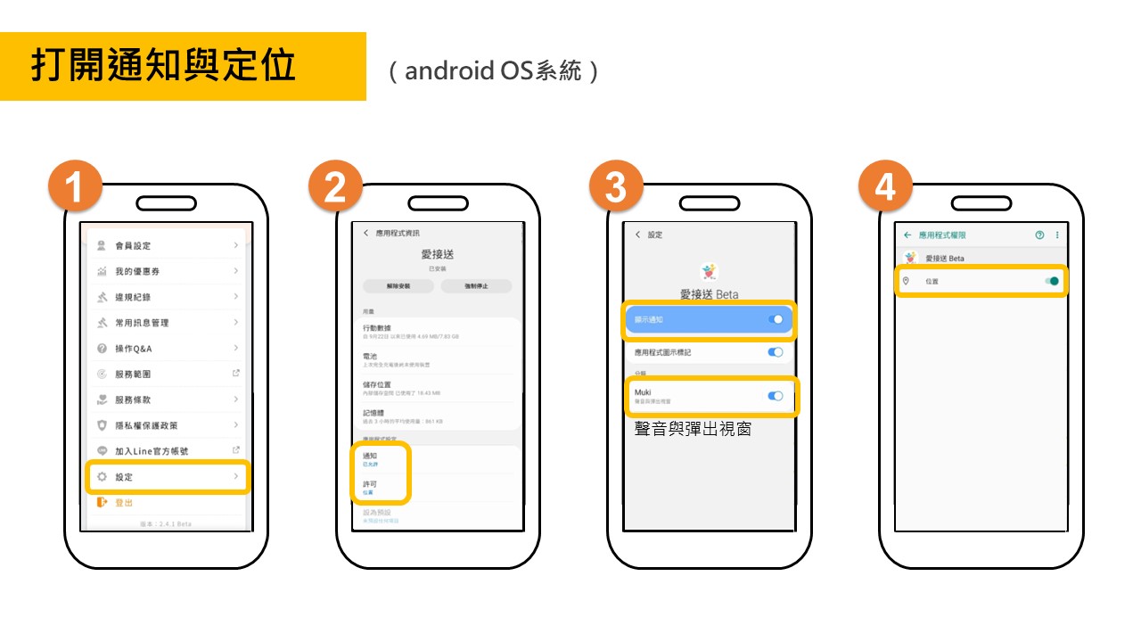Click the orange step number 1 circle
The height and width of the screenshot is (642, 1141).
[75, 187]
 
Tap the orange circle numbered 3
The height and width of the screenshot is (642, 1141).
[616, 187]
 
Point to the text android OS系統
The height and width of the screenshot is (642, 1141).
[494, 71]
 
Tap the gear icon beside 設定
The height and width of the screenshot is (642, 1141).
[102, 477]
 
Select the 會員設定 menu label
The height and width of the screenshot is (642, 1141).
[133, 245]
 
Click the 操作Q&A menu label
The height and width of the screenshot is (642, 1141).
[134, 349]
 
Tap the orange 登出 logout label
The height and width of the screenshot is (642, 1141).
[124, 503]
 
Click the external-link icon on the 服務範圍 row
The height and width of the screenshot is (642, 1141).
[235, 374]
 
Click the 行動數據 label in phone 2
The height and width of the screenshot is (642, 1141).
[376, 328]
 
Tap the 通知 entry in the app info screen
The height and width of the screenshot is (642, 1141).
[370, 456]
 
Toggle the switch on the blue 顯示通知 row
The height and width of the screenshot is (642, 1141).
[776, 319]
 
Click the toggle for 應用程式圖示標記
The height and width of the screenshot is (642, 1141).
[776, 352]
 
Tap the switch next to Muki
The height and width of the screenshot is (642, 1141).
[776, 396]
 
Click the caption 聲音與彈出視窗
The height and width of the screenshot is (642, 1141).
[692, 429]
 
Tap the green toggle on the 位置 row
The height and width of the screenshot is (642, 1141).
[1053, 281]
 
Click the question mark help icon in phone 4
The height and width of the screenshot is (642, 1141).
[1039, 235]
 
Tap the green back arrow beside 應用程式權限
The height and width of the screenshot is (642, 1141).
[907, 235]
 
